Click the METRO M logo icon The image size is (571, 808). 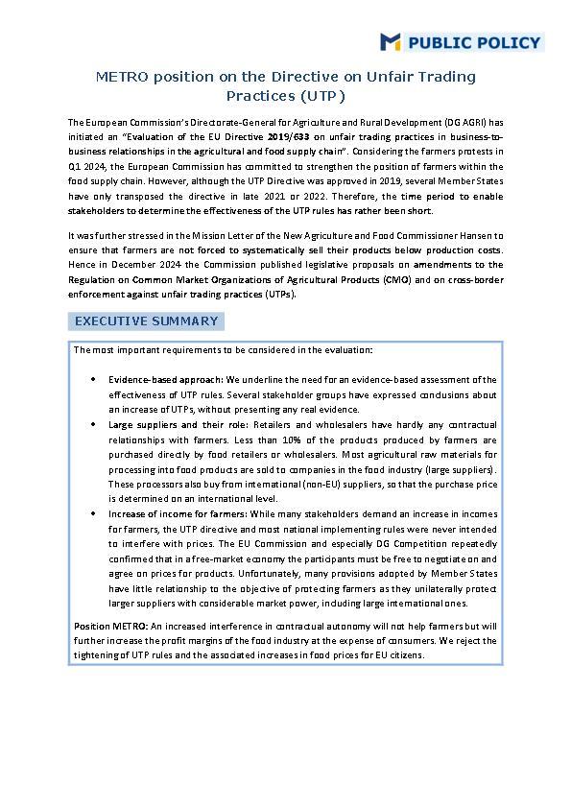pyautogui.click(x=391, y=41)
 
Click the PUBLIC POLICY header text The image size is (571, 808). pyautogui.click(x=475, y=42)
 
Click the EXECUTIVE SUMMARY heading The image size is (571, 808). pyautogui.click(x=147, y=321)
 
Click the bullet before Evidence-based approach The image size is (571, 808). pyautogui.click(x=92, y=380)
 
